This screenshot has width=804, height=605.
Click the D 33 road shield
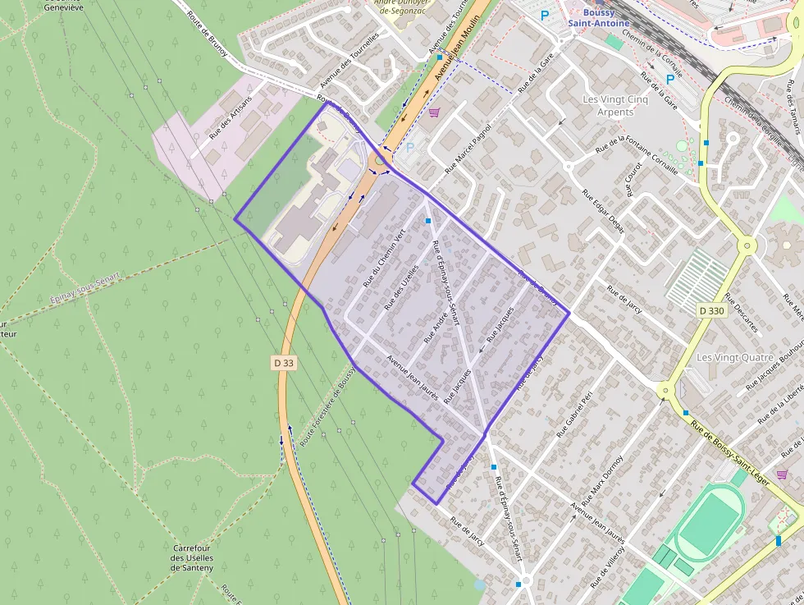pos(283,362)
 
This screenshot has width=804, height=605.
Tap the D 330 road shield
pos(711,310)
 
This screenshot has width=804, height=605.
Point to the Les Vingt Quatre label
pos(729,358)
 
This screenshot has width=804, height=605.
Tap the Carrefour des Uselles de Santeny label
pos(193,557)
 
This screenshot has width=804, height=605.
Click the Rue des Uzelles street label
pos(402,287)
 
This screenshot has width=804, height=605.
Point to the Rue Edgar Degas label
pos(603,212)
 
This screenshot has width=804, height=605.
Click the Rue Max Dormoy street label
pos(602,480)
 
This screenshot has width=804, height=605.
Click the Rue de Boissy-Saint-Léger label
pos(729,451)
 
